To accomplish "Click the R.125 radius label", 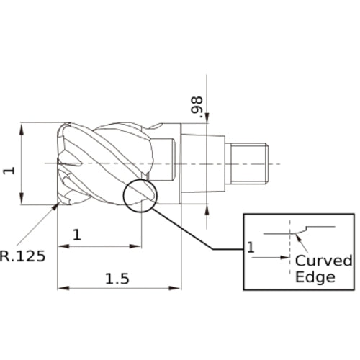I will (x=27, y=254).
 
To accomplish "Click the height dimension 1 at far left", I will (x=9, y=169).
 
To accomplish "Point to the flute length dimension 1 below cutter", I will (x=77, y=234).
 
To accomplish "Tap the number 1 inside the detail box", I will (x=251, y=248).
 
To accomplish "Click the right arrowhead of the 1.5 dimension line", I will (x=177, y=289).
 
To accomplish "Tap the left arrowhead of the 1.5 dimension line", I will (x=63, y=289).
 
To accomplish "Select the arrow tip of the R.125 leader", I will (x=58, y=205).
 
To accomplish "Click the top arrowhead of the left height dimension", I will (x=24, y=127).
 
